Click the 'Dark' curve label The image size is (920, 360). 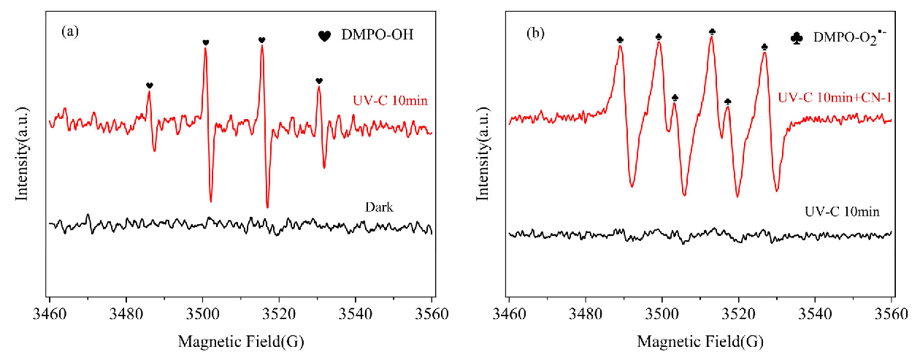tap(379, 207)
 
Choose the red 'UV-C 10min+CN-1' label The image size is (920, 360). tap(835, 97)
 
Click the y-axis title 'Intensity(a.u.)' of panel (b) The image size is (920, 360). tap(483, 150)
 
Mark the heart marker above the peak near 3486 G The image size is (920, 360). tap(150, 85)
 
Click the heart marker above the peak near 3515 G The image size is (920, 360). tap(261, 40)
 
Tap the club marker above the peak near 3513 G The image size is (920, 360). tap(712, 31)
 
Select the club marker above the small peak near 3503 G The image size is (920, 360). tap(675, 97)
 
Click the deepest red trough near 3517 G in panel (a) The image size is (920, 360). tap(267, 207)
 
